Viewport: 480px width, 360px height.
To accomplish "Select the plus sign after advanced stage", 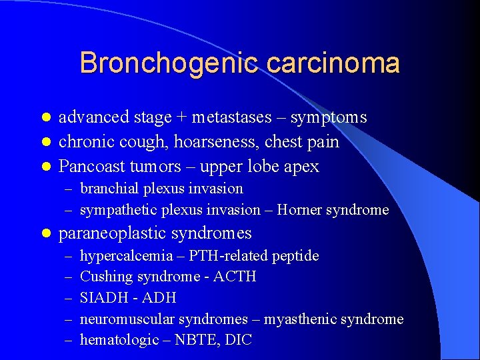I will tap(181, 118).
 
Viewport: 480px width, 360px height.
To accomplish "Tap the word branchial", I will tap(106, 189).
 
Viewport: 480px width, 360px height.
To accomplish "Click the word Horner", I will tap(299, 210).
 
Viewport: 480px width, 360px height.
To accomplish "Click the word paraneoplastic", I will tap(114, 233).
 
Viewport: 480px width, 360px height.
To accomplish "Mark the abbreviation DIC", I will tap(239, 340).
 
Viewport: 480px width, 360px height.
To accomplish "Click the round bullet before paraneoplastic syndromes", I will tap(46, 234).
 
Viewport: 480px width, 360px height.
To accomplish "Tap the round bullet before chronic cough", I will tap(46, 142).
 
